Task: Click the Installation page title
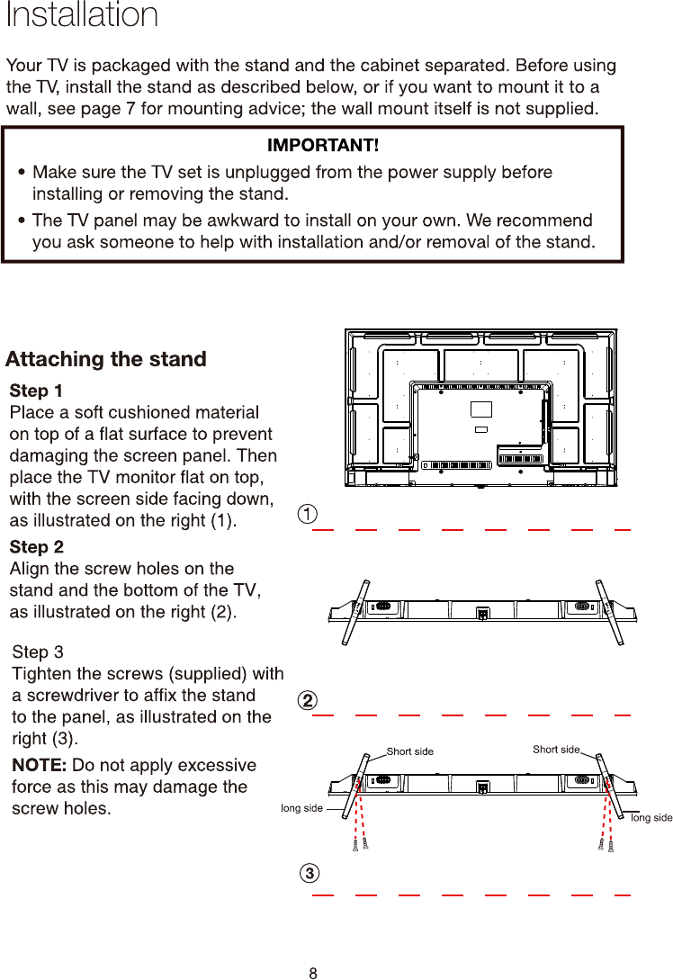point(82,15)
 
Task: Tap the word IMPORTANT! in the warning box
point(323,145)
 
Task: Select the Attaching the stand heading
point(106,360)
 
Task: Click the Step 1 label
point(36,391)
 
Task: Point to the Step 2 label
point(36,547)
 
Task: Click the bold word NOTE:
point(39,766)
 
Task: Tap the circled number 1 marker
point(308,514)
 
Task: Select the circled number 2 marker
point(308,700)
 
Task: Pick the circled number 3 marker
point(309,874)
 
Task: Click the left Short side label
point(409,751)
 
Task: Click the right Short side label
point(556,749)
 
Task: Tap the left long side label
point(301,808)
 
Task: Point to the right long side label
point(651,817)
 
